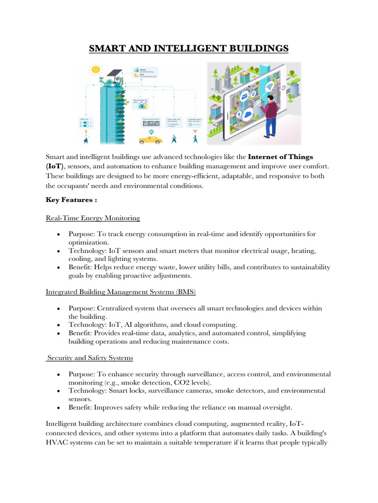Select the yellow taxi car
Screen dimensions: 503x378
(151, 140)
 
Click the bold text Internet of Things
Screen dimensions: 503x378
(280, 157)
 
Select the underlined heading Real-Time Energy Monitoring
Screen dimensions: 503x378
(93, 218)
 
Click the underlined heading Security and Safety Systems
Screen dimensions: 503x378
(90, 358)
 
